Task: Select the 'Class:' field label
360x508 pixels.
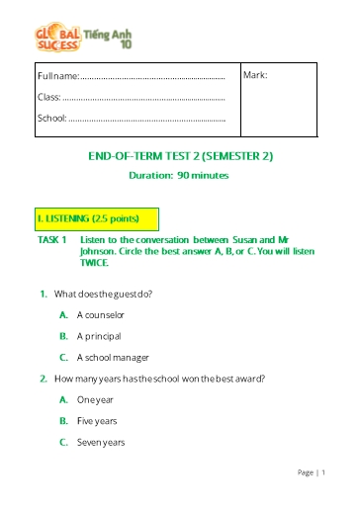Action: pyautogui.click(x=49, y=97)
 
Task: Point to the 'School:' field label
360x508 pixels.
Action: pyautogui.click(x=52, y=118)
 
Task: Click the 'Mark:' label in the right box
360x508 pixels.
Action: pyautogui.click(x=256, y=76)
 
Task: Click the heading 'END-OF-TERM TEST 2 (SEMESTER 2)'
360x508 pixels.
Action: pyautogui.click(x=180, y=156)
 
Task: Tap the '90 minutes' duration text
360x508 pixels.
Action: pyautogui.click(x=203, y=175)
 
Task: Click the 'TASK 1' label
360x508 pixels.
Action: pyautogui.click(x=51, y=240)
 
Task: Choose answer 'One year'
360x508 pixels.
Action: pyautogui.click(x=95, y=399)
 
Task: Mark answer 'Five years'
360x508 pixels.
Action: pyautogui.click(x=97, y=421)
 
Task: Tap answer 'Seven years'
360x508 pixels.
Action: pyautogui.click(x=100, y=442)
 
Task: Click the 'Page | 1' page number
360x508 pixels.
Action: pyautogui.click(x=311, y=473)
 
